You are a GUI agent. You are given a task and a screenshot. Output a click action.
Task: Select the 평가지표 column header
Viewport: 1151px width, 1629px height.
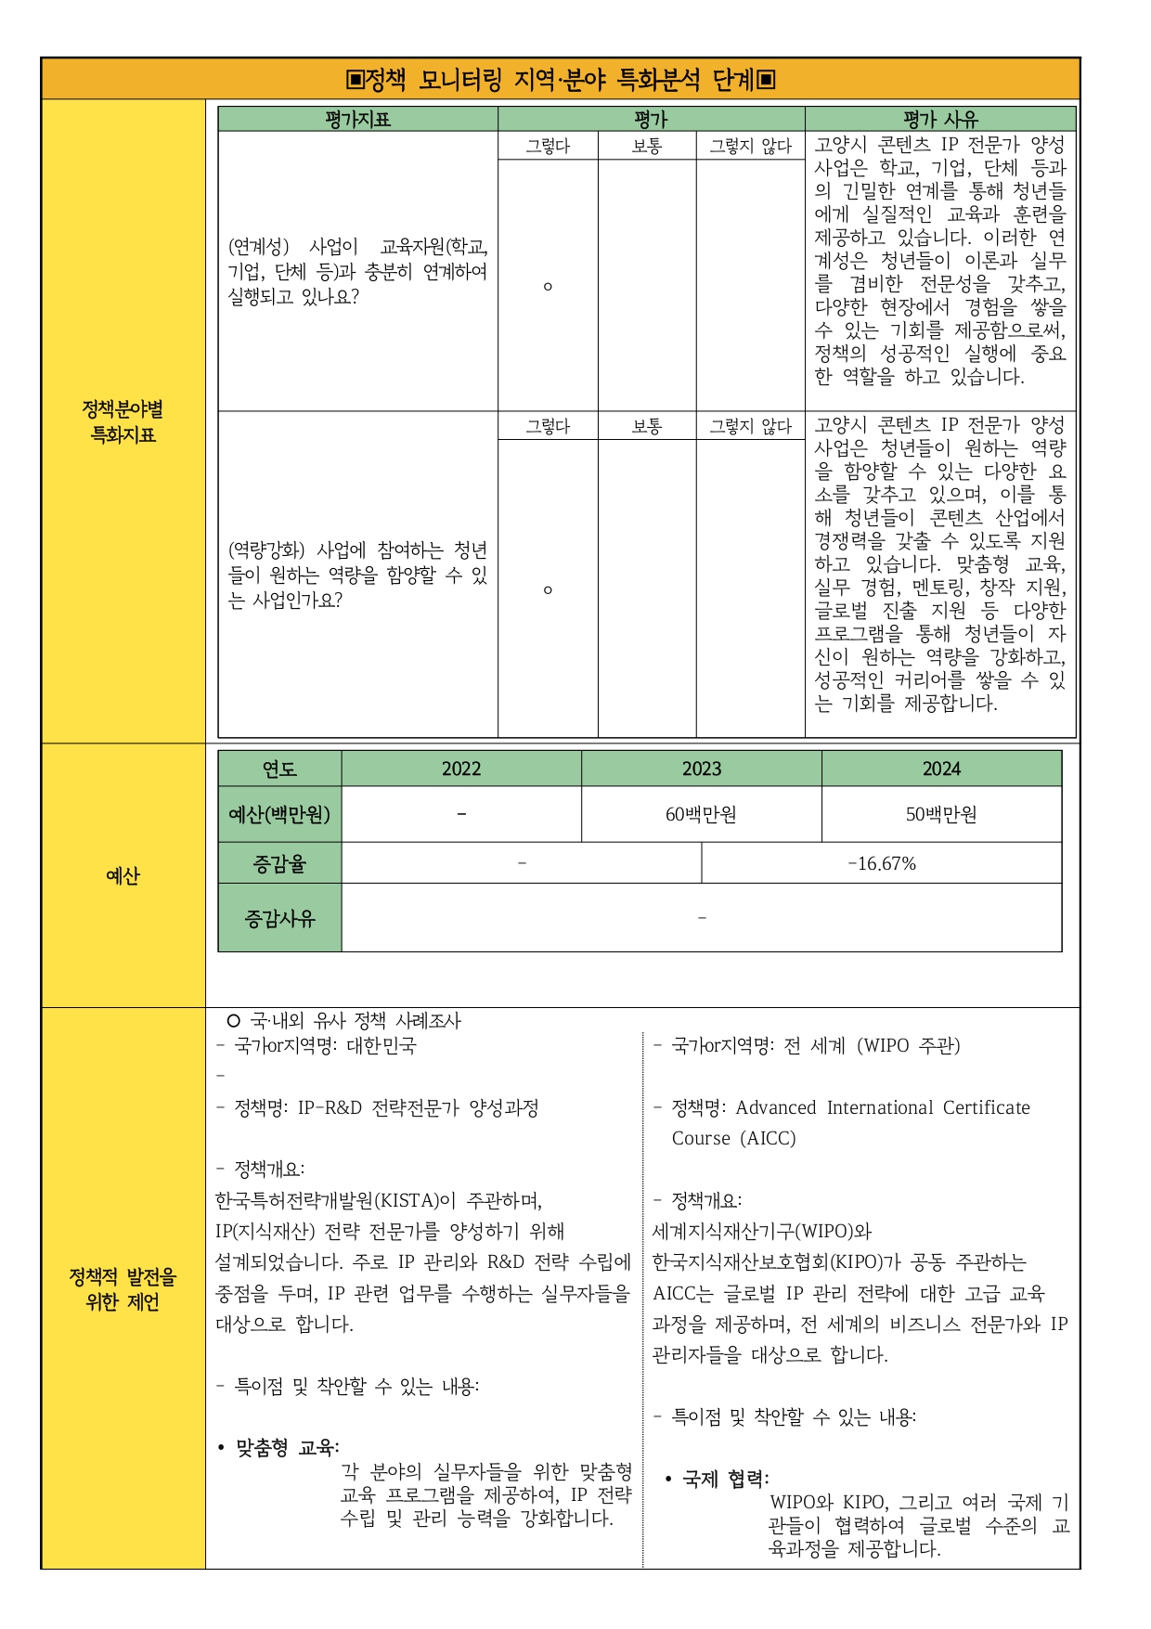click(357, 119)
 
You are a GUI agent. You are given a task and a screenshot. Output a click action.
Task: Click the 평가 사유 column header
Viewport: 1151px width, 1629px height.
click(940, 119)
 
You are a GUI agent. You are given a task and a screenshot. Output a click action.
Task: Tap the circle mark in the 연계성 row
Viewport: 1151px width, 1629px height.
click(548, 286)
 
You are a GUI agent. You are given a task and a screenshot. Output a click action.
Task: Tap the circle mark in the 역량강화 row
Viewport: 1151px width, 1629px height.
click(548, 589)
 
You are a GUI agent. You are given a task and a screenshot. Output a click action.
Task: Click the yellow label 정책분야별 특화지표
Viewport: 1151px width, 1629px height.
click(123, 421)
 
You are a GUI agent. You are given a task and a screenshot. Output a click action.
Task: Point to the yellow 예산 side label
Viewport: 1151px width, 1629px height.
click(123, 875)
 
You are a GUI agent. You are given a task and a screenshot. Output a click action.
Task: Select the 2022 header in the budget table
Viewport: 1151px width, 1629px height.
click(461, 769)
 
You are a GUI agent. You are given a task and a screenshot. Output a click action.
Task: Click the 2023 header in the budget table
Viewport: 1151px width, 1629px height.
click(702, 769)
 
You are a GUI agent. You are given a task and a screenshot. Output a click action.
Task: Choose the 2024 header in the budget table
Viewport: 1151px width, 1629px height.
click(941, 769)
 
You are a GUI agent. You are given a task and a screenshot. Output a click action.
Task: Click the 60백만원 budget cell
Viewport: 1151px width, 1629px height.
click(701, 814)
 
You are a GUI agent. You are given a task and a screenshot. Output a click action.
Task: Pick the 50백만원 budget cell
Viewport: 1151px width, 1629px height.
click(941, 814)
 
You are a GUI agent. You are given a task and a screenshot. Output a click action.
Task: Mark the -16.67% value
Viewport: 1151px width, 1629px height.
click(882, 863)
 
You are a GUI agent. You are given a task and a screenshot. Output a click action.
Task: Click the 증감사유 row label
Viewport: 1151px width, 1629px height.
click(279, 918)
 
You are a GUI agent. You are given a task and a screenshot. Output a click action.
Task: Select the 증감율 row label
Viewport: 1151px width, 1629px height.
click(279, 863)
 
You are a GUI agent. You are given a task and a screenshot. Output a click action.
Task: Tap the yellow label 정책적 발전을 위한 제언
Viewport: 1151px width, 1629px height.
click(123, 1288)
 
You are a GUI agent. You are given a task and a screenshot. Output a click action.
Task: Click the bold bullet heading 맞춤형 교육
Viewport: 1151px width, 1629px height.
click(288, 1447)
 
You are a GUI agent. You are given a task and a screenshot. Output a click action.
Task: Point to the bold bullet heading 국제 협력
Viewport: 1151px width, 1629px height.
click(725, 1479)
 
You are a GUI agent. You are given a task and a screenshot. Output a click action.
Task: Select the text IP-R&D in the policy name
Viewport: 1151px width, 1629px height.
click(330, 1107)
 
